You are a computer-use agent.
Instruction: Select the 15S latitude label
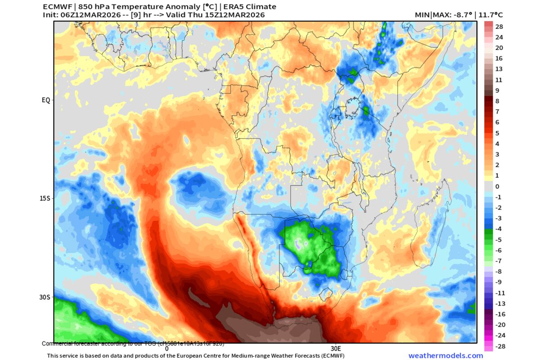point(45,198)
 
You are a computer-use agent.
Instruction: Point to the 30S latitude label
point(45,297)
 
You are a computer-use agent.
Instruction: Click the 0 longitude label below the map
point(166,348)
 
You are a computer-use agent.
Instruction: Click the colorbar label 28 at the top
point(499,27)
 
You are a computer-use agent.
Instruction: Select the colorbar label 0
point(497,186)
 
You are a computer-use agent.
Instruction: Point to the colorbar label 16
point(499,58)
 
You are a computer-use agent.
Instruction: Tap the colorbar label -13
point(500,303)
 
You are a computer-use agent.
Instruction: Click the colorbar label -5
point(498,239)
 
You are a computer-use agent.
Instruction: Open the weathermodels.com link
point(445,355)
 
